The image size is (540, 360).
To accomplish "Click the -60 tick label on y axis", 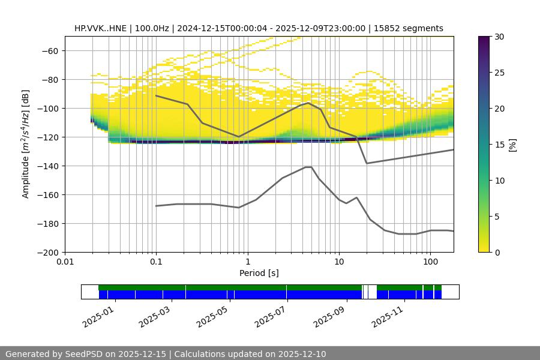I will [49, 50].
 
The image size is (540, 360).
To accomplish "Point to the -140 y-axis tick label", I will [47, 166].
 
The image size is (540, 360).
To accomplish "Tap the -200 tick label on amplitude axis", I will [47, 252].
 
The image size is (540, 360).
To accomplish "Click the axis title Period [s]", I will [259, 273].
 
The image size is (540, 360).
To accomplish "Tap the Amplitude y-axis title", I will [26, 144].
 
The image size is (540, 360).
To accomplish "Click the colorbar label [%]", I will [512, 144].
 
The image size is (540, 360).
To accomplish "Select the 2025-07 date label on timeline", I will [268, 315].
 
